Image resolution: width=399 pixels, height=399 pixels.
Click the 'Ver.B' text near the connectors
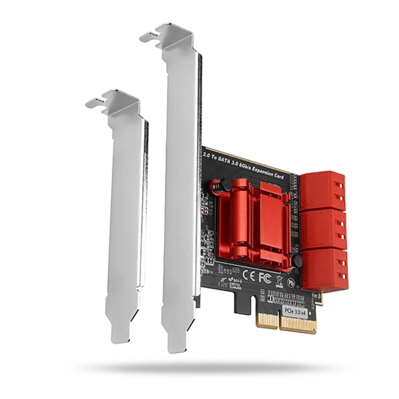click(316, 295)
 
